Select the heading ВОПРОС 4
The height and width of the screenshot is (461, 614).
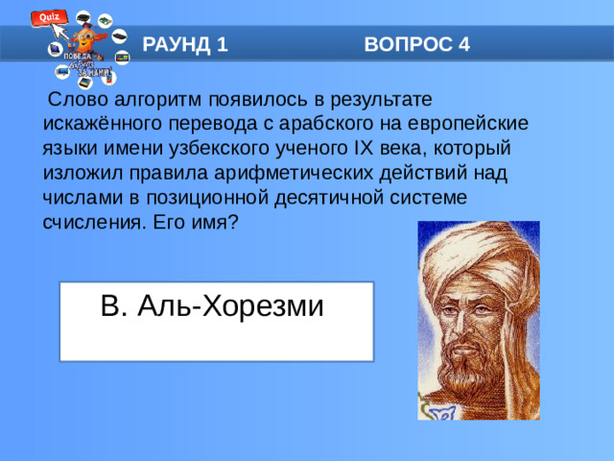pos(417,44)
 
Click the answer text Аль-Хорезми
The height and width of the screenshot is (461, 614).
pos(231,306)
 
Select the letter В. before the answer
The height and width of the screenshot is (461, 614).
pos(113,306)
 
